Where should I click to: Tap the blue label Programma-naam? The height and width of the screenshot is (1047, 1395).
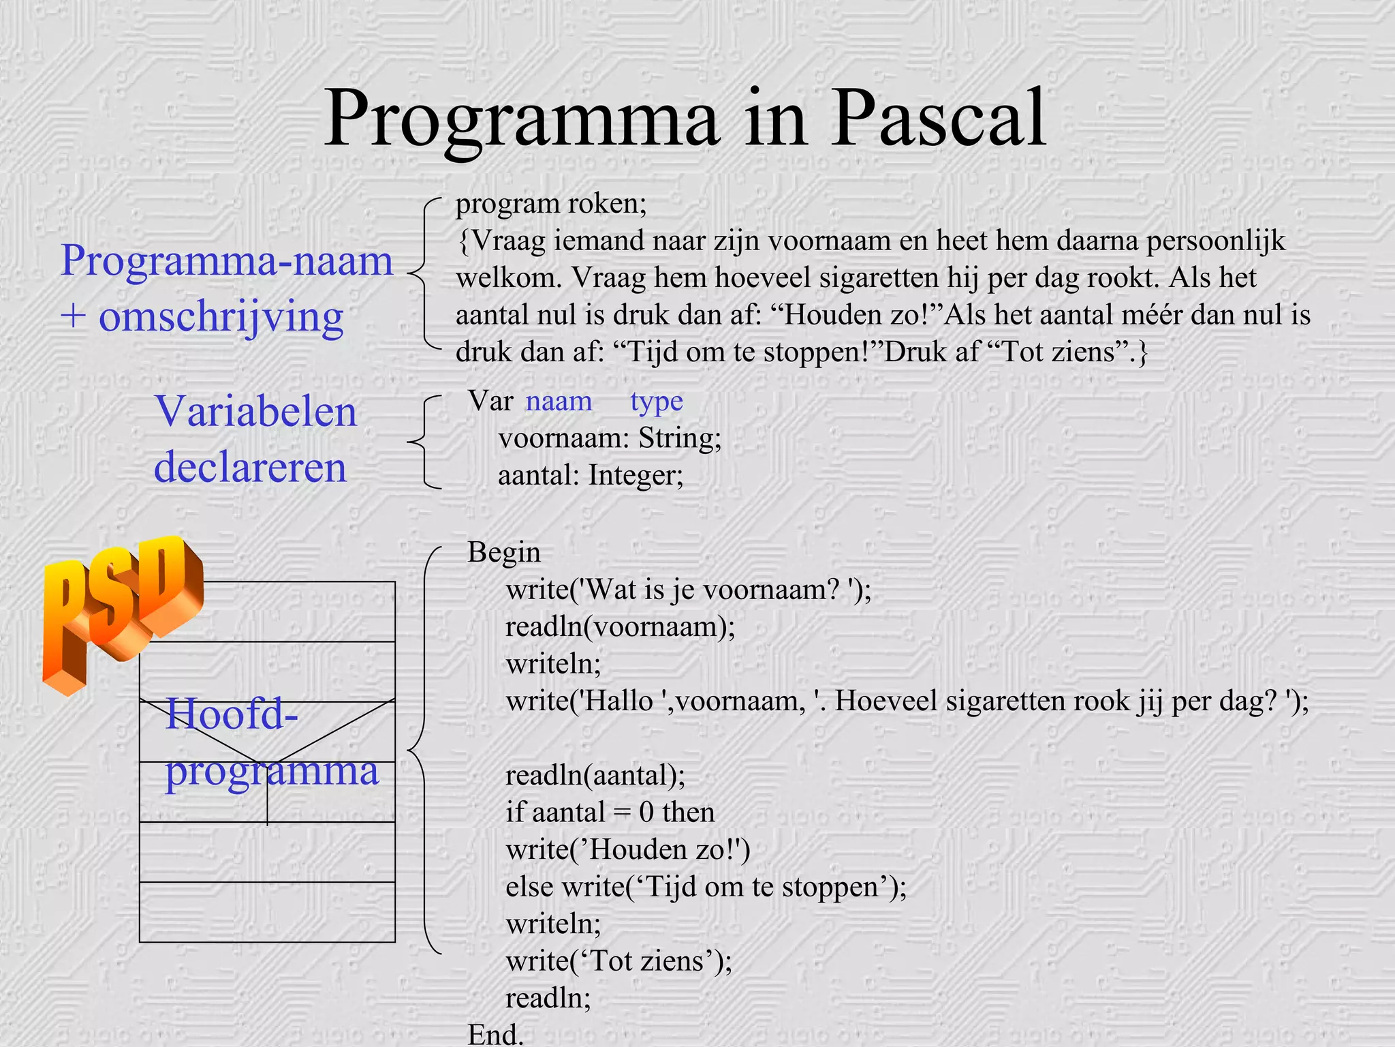[x=227, y=261]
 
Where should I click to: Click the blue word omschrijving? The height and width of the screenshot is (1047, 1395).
[x=221, y=318]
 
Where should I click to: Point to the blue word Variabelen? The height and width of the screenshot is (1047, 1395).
[x=255, y=412]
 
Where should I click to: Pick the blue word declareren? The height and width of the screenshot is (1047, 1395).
[x=250, y=468]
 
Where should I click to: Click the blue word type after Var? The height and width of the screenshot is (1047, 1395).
[x=656, y=401]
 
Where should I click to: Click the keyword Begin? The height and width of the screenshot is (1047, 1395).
[x=503, y=553]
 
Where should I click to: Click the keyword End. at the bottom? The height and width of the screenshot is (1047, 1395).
[x=495, y=1034]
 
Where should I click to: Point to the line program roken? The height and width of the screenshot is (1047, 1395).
[x=550, y=204]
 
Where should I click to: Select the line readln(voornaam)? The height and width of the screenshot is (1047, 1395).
[x=620, y=627]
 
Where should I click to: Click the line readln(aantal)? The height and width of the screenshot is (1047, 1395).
[x=595, y=776]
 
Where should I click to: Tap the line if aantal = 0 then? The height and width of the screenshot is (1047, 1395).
[x=610, y=813]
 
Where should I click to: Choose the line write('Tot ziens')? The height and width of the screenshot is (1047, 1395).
[x=618, y=961]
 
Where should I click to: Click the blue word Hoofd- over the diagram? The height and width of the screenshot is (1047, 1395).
[x=232, y=714]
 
